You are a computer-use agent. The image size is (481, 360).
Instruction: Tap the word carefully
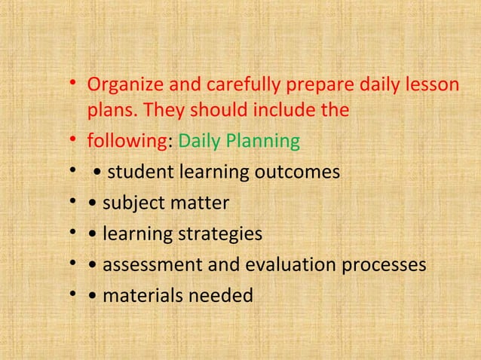[x=231, y=84]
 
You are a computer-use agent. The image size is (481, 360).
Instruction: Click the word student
[x=139, y=173]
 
